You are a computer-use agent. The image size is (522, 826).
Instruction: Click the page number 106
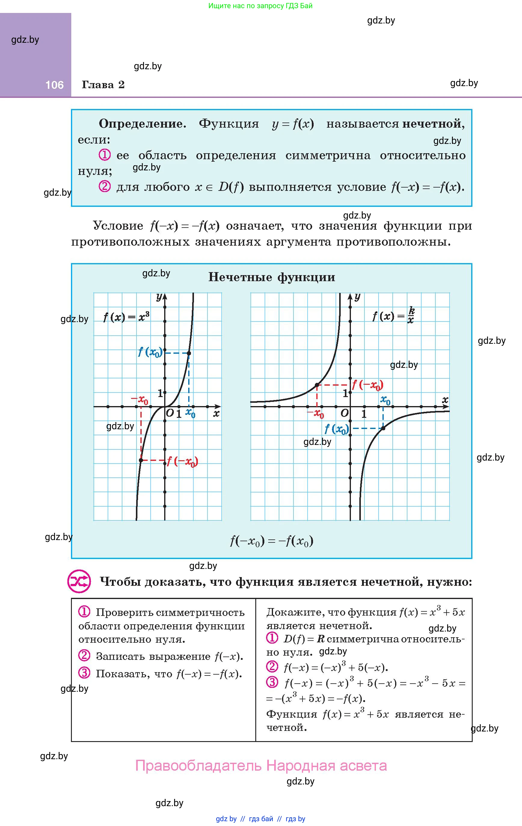point(54,85)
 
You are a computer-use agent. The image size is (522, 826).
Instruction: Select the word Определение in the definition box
point(142,124)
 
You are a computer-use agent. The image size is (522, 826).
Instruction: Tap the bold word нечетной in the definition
point(431,124)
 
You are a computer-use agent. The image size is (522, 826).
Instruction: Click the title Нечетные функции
point(272,277)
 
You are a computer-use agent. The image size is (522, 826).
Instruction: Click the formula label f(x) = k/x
point(394,315)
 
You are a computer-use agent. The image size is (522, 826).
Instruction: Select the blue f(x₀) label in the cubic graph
point(150,352)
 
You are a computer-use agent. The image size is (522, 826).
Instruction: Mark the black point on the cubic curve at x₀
point(189,353)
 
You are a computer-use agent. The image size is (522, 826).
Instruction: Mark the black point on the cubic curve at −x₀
point(141,460)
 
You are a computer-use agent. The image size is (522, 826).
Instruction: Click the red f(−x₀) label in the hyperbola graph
point(367,385)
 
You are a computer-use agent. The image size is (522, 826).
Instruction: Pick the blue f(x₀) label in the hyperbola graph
point(336,429)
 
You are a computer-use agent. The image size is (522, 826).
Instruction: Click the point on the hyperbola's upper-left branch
point(317,385)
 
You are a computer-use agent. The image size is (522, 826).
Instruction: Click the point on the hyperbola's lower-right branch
point(383,428)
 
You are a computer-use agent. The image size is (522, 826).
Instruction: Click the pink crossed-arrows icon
point(79,582)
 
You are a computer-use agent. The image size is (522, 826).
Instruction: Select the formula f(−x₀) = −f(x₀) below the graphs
point(272,541)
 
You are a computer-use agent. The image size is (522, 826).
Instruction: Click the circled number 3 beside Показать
point(84,673)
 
